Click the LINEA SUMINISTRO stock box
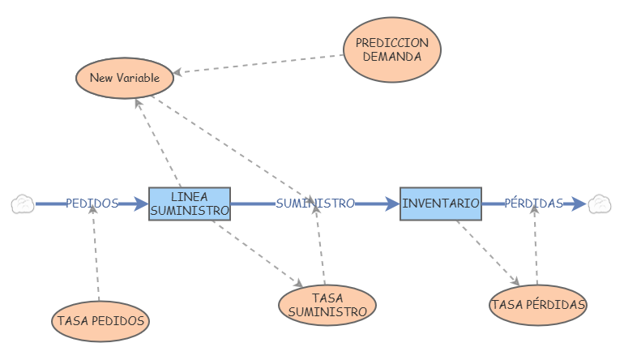pyautogui.click(x=190, y=204)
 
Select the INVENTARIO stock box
pyautogui.click(x=441, y=204)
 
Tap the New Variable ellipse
pyautogui.click(x=124, y=79)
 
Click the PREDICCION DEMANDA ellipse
pyautogui.click(x=392, y=49)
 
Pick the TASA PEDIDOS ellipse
pyautogui.click(x=100, y=320)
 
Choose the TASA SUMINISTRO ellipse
pyautogui.click(x=327, y=305)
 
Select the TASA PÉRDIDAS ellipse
pyautogui.click(x=538, y=305)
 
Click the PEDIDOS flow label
pyautogui.click(x=92, y=204)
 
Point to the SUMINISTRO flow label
pyautogui.click(x=315, y=204)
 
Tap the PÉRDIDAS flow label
pyautogui.click(x=533, y=204)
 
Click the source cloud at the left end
pyautogui.click(x=23, y=204)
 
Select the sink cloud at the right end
pyautogui.click(x=600, y=204)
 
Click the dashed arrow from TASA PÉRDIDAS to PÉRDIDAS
pyautogui.click(x=536, y=247)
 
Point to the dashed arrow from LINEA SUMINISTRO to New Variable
pyautogui.click(x=158, y=142)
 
